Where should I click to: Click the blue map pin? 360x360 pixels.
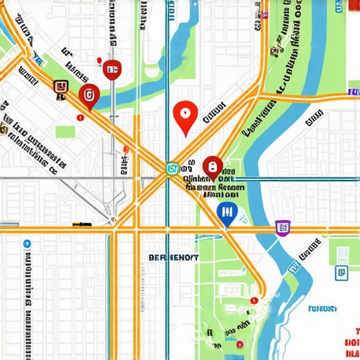(226, 213)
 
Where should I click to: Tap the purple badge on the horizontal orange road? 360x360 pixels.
(283, 227)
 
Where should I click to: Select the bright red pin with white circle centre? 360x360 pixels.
(184, 116)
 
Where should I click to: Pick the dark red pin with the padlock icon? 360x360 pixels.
(212, 167)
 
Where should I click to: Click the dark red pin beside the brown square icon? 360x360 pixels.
(89, 96)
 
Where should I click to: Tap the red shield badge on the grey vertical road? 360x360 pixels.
(112, 69)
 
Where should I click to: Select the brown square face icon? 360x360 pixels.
(61, 86)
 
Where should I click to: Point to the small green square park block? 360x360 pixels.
(65, 131)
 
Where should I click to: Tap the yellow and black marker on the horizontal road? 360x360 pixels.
(82, 224)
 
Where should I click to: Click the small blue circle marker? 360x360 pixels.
(27, 243)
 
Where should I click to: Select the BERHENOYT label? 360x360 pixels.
(174, 258)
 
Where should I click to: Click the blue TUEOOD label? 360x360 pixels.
(322, 308)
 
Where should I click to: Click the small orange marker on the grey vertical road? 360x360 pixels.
(126, 148)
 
